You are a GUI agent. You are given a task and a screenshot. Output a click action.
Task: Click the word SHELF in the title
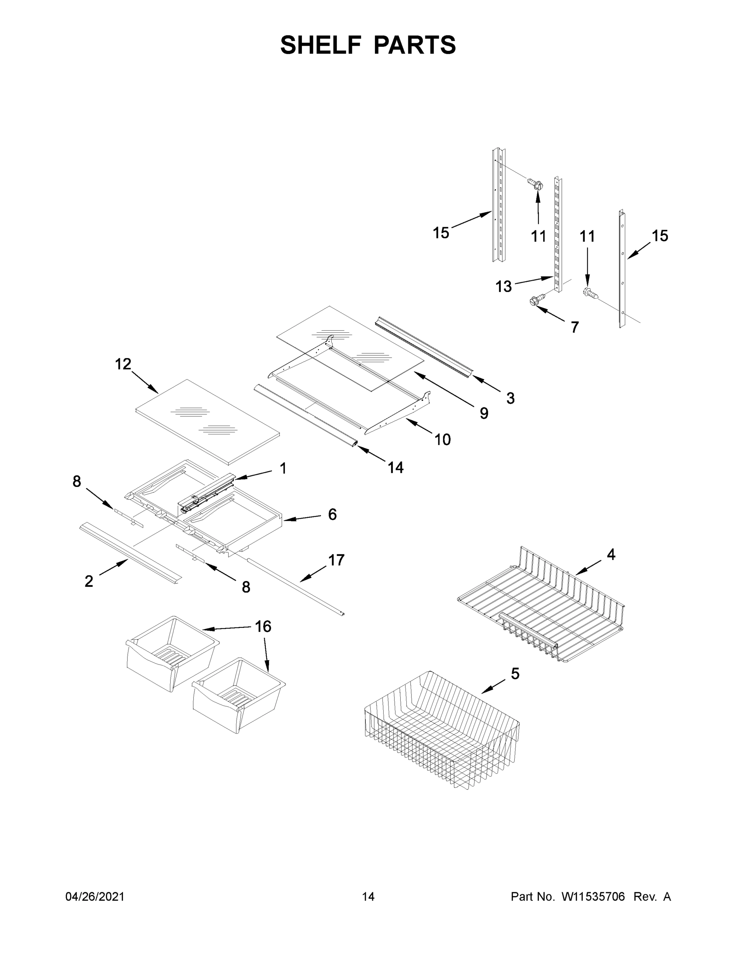tap(321, 45)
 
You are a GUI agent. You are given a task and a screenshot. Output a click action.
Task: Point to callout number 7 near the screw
tap(575, 327)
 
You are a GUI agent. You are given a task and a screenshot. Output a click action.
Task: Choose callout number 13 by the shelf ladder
tap(503, 287)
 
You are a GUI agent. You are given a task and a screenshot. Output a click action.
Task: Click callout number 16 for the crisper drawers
tap(263, 627)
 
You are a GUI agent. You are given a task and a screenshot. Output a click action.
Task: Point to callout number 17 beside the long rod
tap(336, 560)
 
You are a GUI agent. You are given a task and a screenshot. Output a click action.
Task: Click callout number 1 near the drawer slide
tap(283, 469)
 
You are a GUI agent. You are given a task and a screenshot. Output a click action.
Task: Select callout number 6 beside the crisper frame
tap(332, 515)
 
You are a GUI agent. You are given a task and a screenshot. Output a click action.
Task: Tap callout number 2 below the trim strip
tap(89, 581)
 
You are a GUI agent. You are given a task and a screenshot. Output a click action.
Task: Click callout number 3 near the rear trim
tap(510, 398)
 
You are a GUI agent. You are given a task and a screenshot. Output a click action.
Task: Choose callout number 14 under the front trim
tap(396, 468)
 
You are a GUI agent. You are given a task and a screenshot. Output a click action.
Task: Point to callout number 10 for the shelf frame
tap(442, 440)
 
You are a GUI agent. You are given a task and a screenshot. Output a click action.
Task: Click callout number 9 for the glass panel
tap(484, 413)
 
